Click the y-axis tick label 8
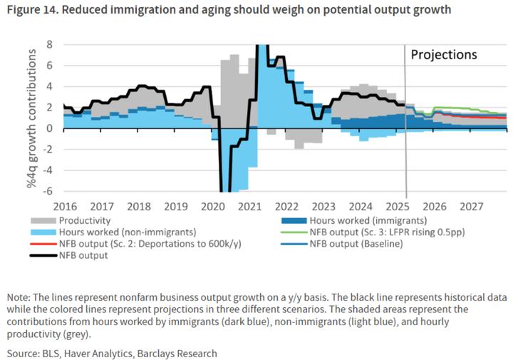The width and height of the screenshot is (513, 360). (x=49, y=44)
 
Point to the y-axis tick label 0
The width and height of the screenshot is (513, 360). (x=49, y=128)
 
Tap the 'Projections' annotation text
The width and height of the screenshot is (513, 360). (x=443, y=55)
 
